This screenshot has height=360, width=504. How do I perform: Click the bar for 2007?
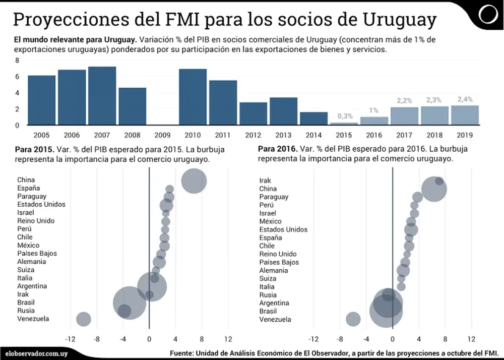pos(102,96)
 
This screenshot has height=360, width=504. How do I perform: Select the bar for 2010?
pos(193,97)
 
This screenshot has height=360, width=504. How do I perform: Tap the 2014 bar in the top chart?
pos(313,118)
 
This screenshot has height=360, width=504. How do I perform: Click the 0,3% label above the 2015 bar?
pos(345,116)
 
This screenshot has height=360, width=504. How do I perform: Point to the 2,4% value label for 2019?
pos(464,99)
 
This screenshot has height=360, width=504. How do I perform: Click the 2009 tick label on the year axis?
pos(162,135)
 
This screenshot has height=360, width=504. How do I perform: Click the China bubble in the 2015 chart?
pos(194,181)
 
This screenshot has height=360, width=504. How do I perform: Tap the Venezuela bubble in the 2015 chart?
pos(83,319)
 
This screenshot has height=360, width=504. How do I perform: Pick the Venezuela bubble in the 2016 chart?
pos(353,319)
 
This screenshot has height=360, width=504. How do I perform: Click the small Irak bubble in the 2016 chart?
pos(439,181)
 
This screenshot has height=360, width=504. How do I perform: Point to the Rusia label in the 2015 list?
pos(26,311)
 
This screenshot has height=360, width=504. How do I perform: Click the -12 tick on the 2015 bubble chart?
pos(70,339)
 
